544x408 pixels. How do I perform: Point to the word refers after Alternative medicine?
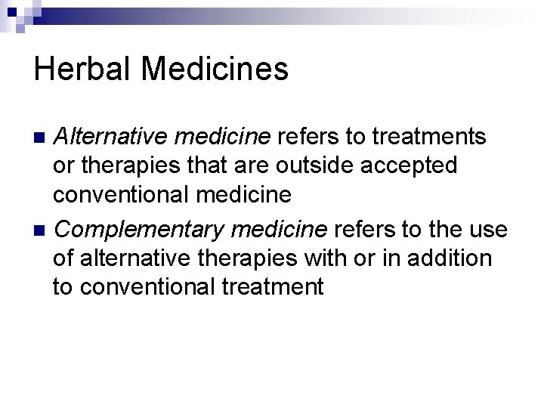(306, 137)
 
